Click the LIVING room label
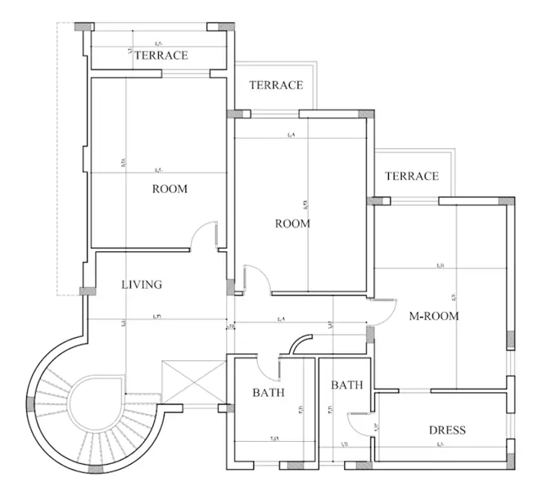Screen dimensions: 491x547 click(x=142, y=285)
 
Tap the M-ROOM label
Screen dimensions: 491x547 click(x=434, y=315)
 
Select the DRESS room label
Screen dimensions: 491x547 click(x=447, y=430)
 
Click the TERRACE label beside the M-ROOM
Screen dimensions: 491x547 click(x=412, y=176)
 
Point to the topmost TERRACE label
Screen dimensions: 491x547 click(x=161, y=56)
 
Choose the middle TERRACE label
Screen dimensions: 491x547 click(x=276, y=85)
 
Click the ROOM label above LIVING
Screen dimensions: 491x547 click(x=170, y=189)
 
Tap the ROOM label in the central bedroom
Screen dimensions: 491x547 click(x=292, y=223)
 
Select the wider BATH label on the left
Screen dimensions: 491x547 click(x=268, y=393)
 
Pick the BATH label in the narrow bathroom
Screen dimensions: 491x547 click(x=347, y=385)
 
